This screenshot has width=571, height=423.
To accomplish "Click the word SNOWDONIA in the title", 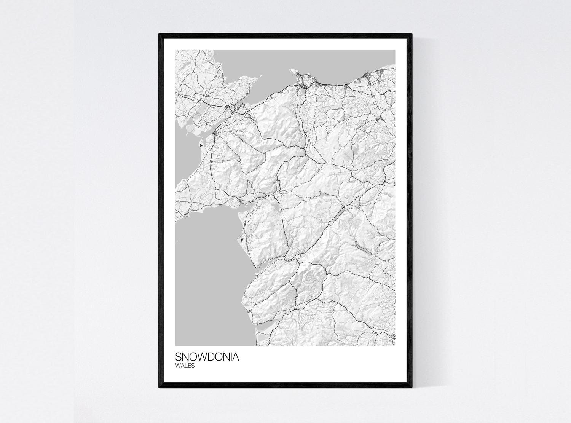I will [x=207, y=357].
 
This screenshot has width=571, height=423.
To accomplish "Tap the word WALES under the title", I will [x=185, y=366].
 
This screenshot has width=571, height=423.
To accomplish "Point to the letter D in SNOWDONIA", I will [x=210, y=357].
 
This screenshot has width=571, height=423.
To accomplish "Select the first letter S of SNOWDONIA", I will [x=178, y=357].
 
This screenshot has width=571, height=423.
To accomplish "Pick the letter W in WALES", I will [x=178, y=366].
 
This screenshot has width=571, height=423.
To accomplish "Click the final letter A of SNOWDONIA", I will [x=236, y=357].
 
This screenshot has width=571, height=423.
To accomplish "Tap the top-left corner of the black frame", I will [x=159, y=34].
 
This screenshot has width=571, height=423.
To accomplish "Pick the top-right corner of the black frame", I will [x=412, y=34].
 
